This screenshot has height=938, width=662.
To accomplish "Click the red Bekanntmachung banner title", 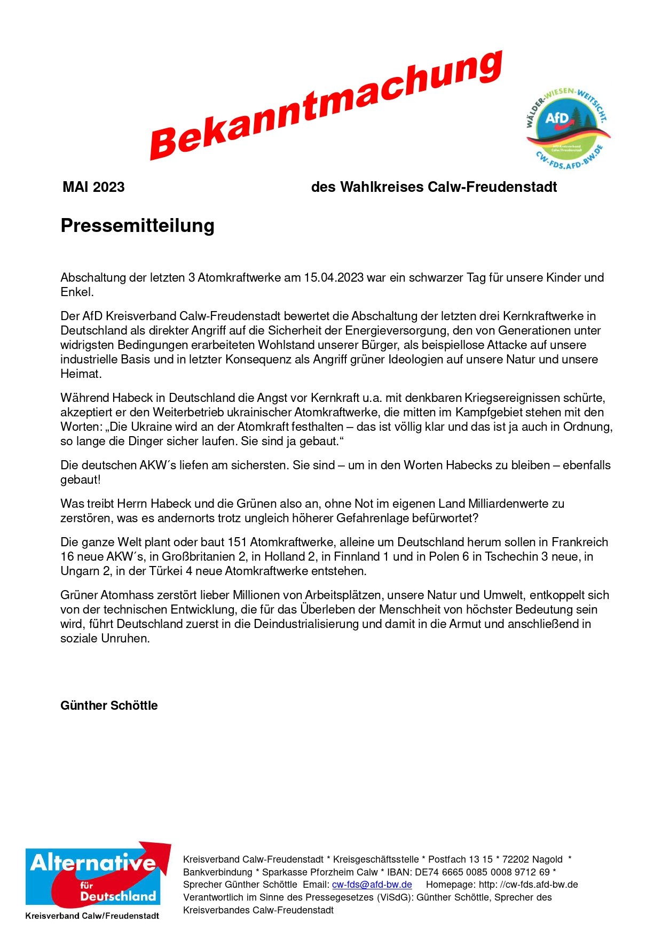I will click(326, 105).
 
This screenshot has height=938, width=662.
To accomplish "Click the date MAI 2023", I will click(93, 187).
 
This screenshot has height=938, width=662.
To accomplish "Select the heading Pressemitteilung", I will click(137, 226).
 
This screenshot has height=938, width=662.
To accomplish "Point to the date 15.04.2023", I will click(334, 277).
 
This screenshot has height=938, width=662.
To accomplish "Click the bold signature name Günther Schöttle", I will click(109, 706).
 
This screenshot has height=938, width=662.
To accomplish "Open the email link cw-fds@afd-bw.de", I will click(372, 885).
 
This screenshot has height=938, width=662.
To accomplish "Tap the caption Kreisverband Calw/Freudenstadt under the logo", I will click(92, 916).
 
